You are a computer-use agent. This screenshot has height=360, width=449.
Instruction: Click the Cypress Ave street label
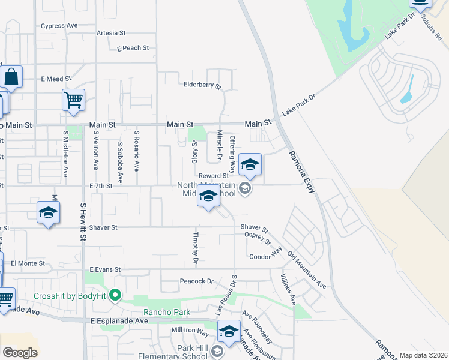pyautogui.click(x=59, y=26)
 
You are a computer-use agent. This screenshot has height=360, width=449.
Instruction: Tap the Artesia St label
pyautogui.click(x=110, y=33)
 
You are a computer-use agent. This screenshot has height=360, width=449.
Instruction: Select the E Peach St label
pyautogui.click(x=133, y=48)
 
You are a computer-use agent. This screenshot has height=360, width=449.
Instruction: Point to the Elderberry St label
pyautogui.click(x=202, y=85)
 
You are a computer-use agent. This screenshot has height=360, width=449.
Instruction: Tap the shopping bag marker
pyautogui.click(x=11, y=77)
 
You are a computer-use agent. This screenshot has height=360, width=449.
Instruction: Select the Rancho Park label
pyautogui.click(x=166, y=312)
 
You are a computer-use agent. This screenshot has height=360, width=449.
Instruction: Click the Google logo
pyautogui.click(x=20, y=353)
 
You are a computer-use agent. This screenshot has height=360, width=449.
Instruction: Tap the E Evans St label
pyautogui.click(x=106, y=270)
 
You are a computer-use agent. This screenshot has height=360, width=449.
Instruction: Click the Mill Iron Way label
pyautogui.click(x=190, y=331)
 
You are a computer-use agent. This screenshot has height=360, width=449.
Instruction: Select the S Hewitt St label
pyautogui.click(x=83, y=221)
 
